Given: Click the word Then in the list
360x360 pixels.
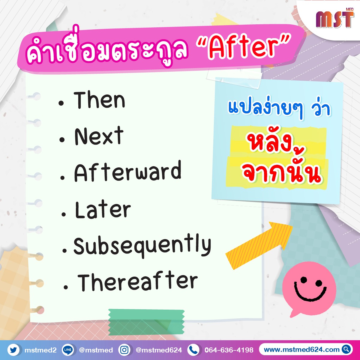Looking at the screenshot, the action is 99,100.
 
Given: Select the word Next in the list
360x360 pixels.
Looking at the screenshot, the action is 99,136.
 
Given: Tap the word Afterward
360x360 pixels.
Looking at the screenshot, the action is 128,171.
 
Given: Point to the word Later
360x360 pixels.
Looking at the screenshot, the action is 103,210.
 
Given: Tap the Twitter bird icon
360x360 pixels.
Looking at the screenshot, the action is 13,350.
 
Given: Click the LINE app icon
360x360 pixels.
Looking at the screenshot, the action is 68,350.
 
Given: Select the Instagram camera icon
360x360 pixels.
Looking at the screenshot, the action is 124,350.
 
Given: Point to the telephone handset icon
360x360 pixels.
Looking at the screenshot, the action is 193,350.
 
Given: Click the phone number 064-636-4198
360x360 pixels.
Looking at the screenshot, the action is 229,350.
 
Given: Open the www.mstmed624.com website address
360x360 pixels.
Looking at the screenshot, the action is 301,349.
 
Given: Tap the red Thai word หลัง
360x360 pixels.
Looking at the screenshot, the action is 276,144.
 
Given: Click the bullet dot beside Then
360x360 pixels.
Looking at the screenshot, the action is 61,103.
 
